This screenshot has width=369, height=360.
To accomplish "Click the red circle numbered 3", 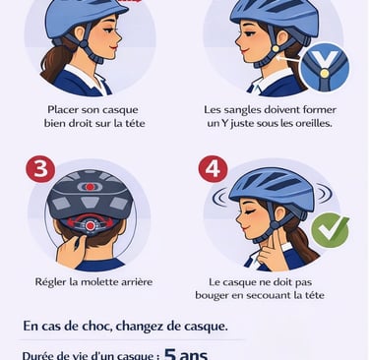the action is point(40,169).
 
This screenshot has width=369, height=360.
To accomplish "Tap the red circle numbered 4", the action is point(214,169).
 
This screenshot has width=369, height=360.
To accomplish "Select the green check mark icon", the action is point(330,230).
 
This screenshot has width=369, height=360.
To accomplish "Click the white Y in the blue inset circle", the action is point(325,60).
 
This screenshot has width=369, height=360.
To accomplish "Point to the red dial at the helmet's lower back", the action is point(90,226).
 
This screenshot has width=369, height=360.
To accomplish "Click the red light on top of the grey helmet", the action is point(90,187).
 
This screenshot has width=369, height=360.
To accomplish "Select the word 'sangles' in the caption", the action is point(242,110).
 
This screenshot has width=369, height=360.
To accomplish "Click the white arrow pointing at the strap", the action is point(287,59).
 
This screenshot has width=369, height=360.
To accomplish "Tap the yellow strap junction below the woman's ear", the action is point(276,49).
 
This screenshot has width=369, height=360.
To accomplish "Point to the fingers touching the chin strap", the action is point(274,249).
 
